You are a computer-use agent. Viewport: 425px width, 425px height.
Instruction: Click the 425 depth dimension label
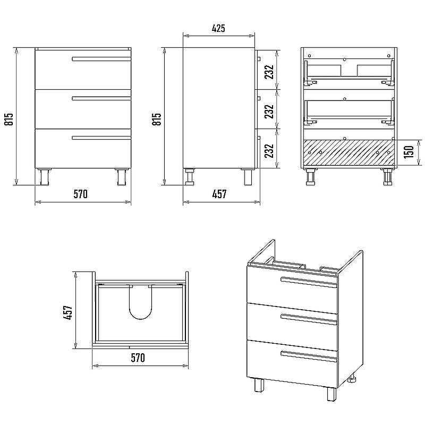coord(218,28)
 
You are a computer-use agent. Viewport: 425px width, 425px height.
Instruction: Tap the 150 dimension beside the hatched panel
coord(409,152)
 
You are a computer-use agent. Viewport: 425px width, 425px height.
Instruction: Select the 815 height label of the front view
coord(8,119)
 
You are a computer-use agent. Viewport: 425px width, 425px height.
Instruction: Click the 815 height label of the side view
coord(157,119)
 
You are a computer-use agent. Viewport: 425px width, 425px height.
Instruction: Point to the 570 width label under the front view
coord(81,194)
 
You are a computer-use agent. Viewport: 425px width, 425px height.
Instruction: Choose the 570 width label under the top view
coord(138,358)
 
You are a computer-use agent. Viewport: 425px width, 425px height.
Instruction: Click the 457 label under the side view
coord(219,194)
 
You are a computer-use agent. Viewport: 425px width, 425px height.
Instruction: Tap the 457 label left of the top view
coord(68,312)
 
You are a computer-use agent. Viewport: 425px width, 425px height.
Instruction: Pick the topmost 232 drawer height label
coord(269,72)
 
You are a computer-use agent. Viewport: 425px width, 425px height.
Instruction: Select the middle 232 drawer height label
coord(269,112)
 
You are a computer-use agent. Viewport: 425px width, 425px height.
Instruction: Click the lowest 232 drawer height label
coord(269,151)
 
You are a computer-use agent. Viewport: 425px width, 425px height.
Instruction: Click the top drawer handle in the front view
coord(101,59)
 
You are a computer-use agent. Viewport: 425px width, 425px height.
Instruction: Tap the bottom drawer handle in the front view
coord(101,138)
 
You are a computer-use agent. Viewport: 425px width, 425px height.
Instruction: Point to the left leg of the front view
coord(44,177)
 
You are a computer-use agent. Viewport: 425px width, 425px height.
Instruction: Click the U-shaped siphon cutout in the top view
coord(141,302)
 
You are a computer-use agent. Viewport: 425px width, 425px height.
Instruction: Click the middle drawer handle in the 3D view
coord(309,319)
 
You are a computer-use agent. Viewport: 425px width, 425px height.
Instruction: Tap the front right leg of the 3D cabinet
coord(331,394)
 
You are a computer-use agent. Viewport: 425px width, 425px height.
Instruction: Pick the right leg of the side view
coord(248,177)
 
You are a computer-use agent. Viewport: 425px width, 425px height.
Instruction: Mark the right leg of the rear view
coord(388,177)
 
